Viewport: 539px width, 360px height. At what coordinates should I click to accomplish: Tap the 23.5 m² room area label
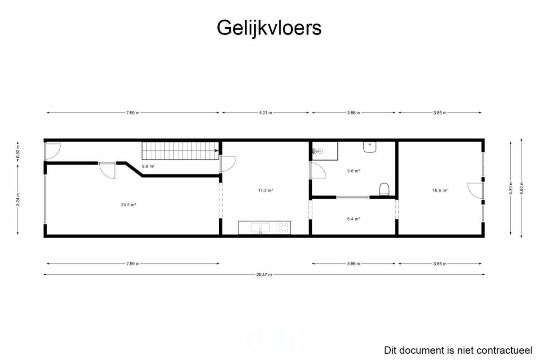(128, 205)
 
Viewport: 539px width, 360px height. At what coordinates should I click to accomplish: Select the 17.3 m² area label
(265, 191)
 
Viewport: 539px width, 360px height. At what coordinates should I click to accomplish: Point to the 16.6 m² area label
(440, 191)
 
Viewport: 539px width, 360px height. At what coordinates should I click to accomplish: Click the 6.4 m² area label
(353, 219)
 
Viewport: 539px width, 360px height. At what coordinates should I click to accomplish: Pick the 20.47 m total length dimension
(264, 275)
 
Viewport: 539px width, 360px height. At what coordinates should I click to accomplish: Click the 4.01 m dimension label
(265, 113)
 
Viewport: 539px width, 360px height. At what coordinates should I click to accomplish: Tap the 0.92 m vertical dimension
(18, 153)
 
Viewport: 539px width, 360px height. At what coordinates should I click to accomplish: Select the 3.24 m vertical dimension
(18, 200)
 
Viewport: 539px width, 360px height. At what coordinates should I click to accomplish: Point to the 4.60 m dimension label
(521, 188)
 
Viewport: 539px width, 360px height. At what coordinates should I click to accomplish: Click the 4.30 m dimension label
(511, 188)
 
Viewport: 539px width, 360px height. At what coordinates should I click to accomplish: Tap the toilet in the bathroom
(384, 189)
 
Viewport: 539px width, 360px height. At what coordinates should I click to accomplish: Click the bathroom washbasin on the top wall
(370, 147)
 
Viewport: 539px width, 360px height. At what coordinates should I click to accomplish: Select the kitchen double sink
(261, 227)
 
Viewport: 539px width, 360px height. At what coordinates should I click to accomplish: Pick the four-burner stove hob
(283, 227)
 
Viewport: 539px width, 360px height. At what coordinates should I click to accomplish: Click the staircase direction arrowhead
(216, 151)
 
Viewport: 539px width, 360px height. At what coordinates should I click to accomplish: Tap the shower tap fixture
(318, 151)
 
